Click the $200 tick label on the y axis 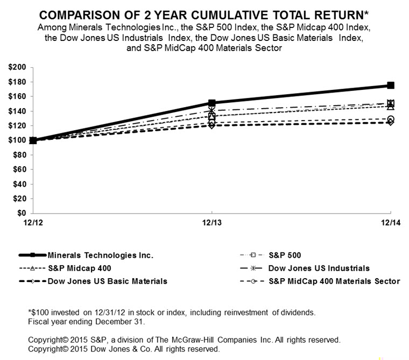[x=17, y=67]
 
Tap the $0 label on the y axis [x=22, y=213]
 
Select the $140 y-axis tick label [x=17, y=111]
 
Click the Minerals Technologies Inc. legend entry [x=100, y=256]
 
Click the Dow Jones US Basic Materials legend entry [x=107, y=281]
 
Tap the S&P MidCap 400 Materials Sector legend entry [x=334, y=281]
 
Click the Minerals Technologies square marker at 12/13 [x=212, y=103]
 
